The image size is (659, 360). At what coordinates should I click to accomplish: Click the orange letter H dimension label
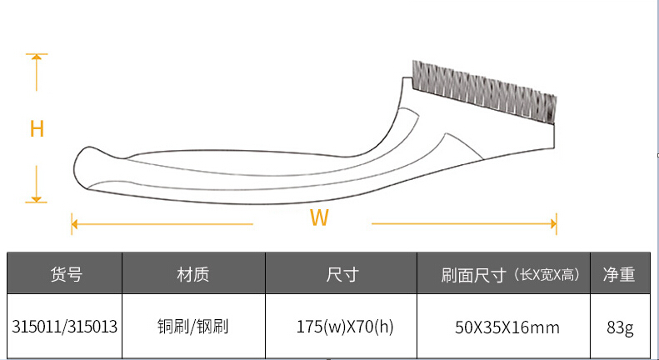click(37, 129)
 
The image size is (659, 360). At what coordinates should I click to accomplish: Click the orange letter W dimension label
click(318, 218)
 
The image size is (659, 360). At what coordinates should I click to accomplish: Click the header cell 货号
click(66, 274)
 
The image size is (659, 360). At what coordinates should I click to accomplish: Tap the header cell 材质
click(193, 274)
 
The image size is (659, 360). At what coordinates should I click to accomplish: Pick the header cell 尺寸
click(342, 274)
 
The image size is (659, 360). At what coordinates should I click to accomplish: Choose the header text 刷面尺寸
click(475, 274)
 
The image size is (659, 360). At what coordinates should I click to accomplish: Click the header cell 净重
click(619, 274)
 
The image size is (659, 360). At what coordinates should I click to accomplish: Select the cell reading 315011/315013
click(65, 327)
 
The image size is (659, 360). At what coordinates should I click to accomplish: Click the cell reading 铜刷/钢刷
click(193, 327)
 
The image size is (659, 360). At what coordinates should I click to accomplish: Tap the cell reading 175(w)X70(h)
click(342, 327)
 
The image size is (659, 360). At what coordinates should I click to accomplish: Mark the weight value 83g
click(620, 327)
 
